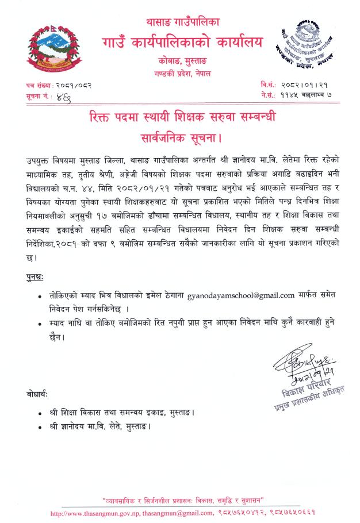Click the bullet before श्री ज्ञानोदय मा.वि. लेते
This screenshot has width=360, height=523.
(39, 428)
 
